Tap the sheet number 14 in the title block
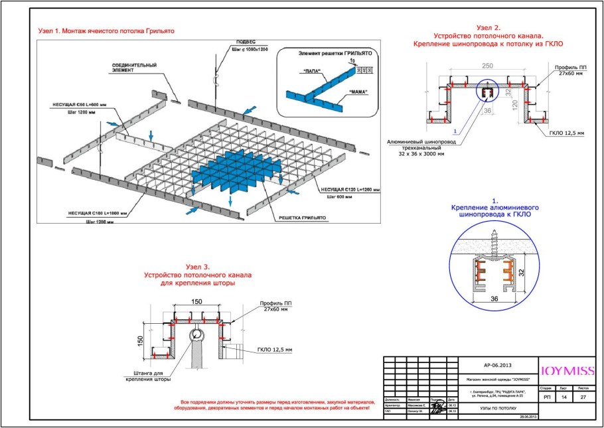(x=564, y=395)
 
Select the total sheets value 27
(x=583, y=395)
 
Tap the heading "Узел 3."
(x=198, y=267)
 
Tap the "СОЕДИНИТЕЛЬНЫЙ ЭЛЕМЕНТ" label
(x=133, y=68)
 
